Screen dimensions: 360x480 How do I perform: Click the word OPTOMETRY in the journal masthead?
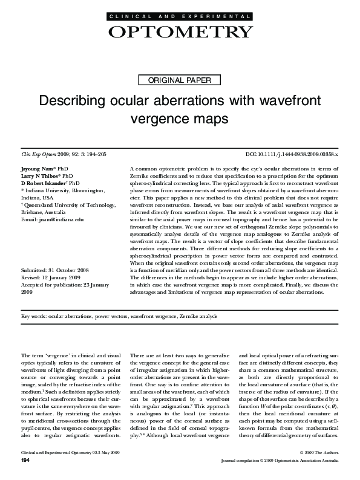click(x=180, y=32)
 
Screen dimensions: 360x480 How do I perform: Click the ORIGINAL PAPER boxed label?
click(x=180, y=80)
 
